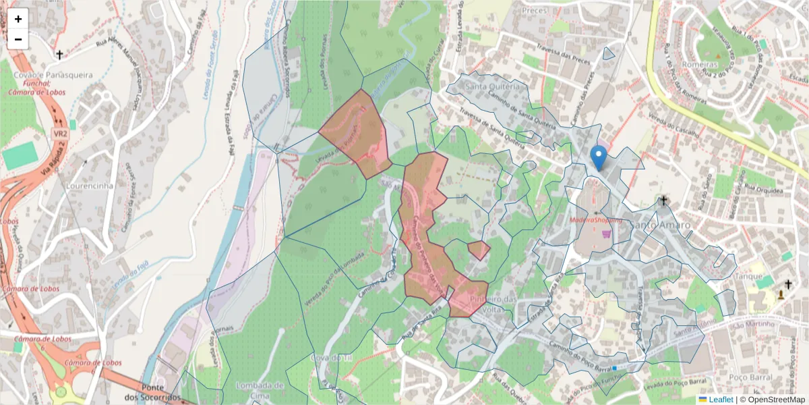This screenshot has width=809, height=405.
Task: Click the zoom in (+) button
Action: click(18, 19)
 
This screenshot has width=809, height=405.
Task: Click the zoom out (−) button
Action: click(18, 39)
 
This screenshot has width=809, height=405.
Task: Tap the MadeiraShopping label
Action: click(596, 221)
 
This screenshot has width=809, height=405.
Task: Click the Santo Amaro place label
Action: click(661, 225)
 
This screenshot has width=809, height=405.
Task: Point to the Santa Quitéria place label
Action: click(493, 86)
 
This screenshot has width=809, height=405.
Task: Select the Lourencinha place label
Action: click(90, 186)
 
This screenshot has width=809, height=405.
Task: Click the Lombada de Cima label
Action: click(260, 389)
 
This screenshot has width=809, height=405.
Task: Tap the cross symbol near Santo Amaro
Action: click(663, 200)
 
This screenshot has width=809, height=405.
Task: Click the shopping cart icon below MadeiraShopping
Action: click(607, 234)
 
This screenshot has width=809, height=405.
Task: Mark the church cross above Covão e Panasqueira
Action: click(59, 55)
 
